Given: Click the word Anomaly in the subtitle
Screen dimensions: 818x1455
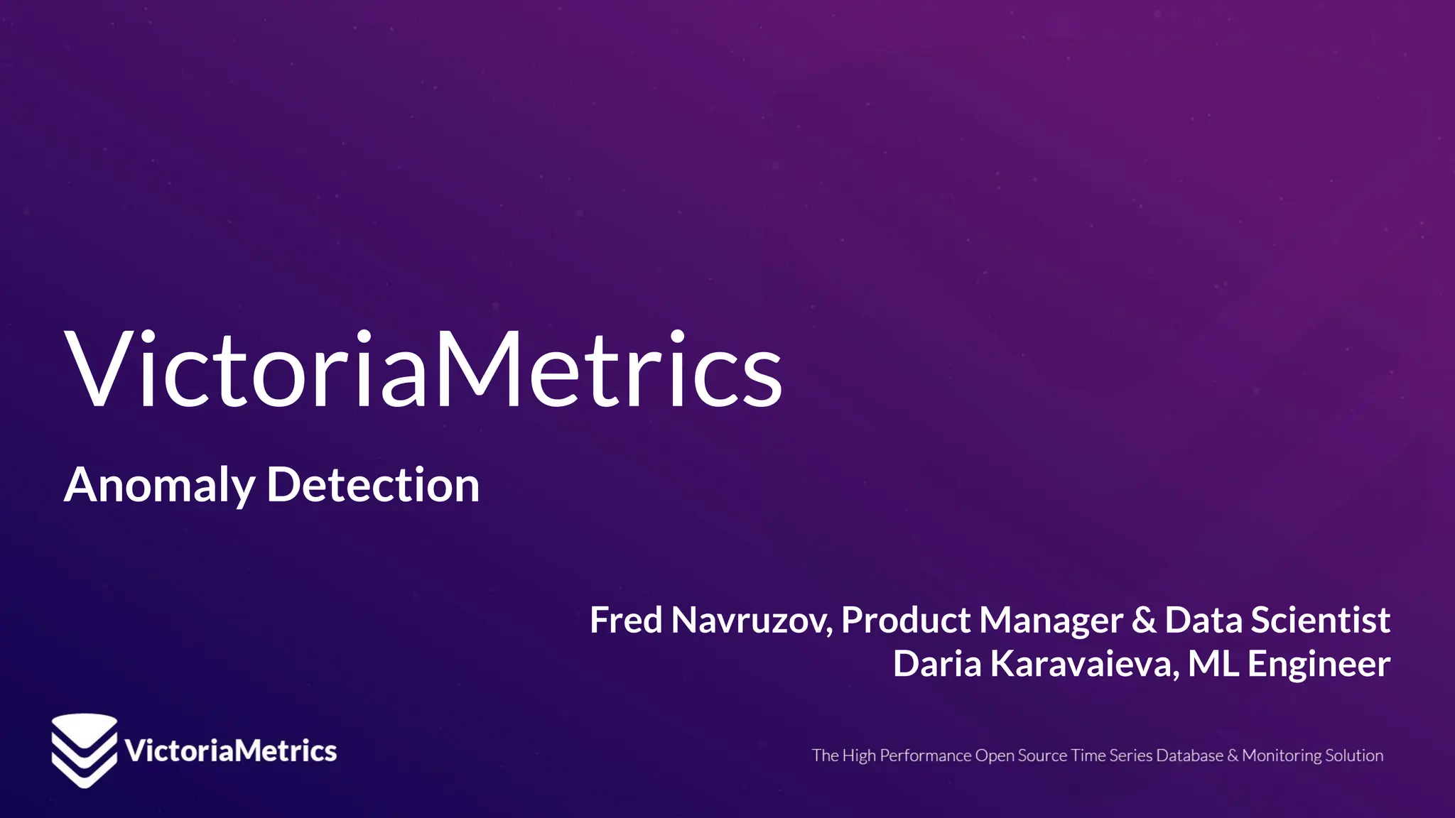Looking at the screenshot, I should click(159, 486).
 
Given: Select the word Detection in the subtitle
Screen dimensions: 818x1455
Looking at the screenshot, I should click(373, 486).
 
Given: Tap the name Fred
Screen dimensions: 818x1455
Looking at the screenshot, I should click(626, 620).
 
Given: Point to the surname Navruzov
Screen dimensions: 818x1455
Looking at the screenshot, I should click(752, 620).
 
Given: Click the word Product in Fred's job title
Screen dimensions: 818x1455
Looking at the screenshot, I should click(905, 620).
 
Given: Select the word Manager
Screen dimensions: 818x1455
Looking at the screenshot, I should click(1051, 621).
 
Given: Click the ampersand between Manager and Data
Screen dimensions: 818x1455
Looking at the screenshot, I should click(1144, 620).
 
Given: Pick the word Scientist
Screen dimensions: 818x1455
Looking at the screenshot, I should click(1320, 620).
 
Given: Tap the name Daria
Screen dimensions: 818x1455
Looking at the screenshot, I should click(937, 664).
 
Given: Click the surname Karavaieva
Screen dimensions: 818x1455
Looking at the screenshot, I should click(1084, 664).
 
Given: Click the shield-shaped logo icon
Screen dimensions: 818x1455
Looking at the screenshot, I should click(84, 751).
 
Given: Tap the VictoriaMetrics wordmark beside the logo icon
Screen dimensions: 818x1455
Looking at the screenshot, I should click(231, 751).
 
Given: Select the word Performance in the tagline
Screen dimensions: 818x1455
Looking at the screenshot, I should click(925, 756).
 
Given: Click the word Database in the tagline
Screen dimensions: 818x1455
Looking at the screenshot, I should click(1189, 756).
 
